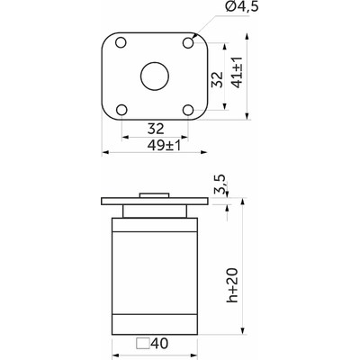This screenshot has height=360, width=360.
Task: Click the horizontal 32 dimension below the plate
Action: (x=154, y=128)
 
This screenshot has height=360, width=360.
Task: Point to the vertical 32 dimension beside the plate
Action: (x=216, y=78)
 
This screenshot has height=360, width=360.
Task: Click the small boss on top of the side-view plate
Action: (x=155, y=195)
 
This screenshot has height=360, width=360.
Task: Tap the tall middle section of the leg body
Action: (x=155, y=274)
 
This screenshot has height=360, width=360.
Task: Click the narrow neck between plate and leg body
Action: (x=155, y=211)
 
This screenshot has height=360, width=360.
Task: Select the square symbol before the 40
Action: (x=142, y=343)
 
